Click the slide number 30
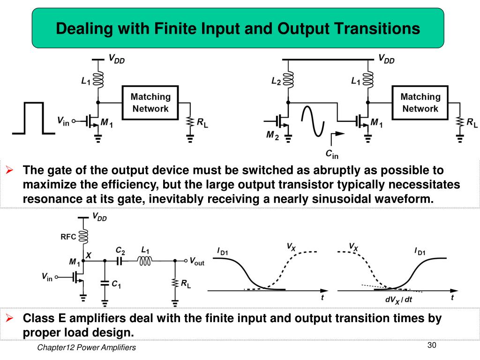coord(432,345)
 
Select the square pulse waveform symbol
coord(29,118)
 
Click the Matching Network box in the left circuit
coord(150,103)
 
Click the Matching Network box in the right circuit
coord(420,103)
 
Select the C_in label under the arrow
coord(332,153)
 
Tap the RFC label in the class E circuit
coord(68,237)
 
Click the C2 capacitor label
coord(120,251)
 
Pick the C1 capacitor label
coord(116,284)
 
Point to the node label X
coord(89,255)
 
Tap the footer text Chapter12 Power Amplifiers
coord(86,347)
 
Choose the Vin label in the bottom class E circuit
coord(47,277)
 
